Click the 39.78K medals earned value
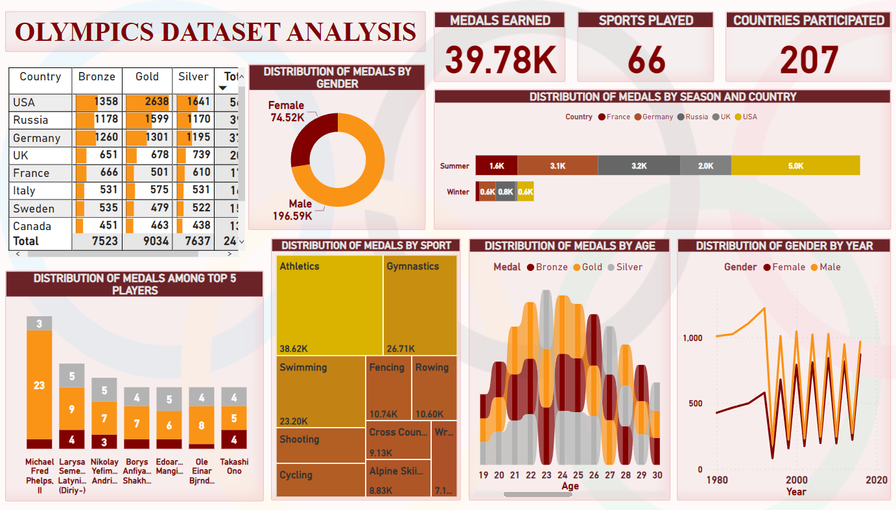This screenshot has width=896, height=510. [500, 60]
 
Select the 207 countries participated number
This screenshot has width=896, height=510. [808, 60]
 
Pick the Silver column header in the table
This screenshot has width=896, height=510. [193, 76]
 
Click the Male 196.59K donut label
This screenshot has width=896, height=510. [292, 210]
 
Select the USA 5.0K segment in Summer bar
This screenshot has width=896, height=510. [795, 166]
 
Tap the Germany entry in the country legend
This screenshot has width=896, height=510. [657, 117]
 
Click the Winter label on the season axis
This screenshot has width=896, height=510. [458, 192]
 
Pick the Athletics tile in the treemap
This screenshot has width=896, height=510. [329, 305]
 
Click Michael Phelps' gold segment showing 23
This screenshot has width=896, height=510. [39, 385]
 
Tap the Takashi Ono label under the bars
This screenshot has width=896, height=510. [234, 467]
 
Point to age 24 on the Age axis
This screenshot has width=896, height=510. [562, 475]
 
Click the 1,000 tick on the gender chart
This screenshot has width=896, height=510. [692, 338]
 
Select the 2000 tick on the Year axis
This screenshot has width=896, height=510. [796, 480]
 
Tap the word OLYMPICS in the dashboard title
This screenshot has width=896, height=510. [91, 32]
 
